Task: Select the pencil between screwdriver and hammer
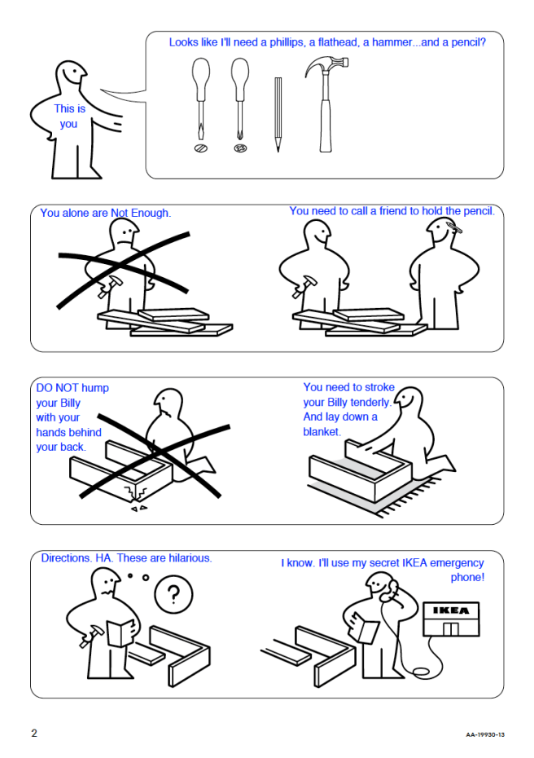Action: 278,115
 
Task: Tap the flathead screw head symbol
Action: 201,148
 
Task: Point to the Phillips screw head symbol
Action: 240,148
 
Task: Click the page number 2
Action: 34,733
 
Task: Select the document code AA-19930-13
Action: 485,734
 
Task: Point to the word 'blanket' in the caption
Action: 322,431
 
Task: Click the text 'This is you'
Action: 69,116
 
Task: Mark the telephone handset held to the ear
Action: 389,590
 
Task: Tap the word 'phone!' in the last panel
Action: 467,577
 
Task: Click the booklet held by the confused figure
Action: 120,632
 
